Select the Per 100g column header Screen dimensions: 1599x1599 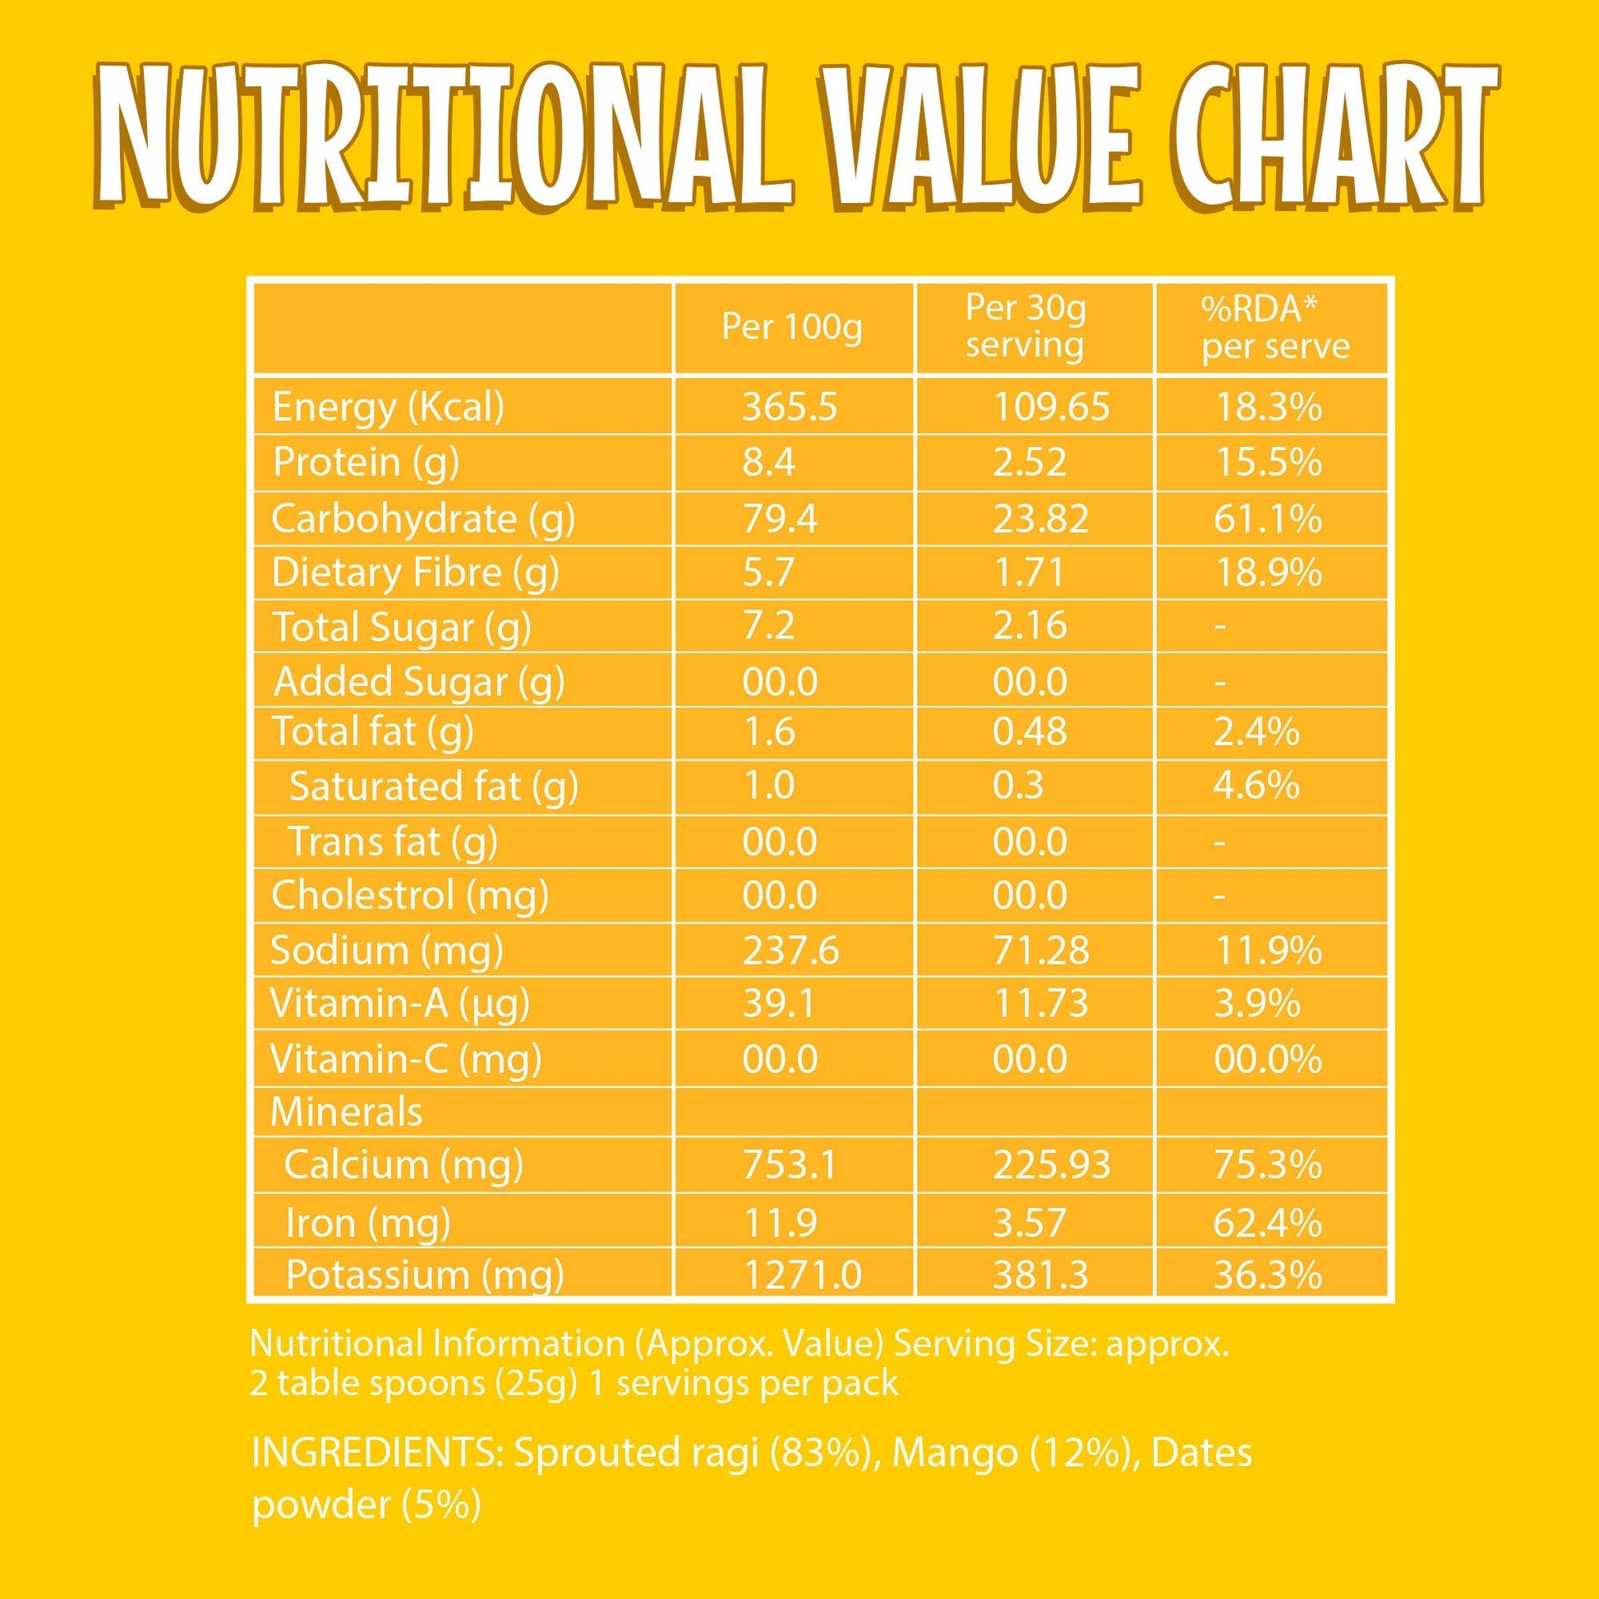coord(791,328)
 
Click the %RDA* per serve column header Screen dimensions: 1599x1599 coord(1275,327)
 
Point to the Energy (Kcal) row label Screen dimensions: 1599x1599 coord(387,408)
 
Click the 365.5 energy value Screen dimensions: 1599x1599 coord(790,408)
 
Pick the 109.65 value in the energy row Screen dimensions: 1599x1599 coord(1051,408)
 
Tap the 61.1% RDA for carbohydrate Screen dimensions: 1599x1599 coord(1267,519)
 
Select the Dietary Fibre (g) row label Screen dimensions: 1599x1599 coord(415,573)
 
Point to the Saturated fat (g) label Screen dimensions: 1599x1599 coord(434,786)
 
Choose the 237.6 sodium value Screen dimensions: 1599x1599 coord(790,950)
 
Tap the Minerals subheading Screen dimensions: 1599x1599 coord(346,1111)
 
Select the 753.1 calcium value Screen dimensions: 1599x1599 coord(790,1164)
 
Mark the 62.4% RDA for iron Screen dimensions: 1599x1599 coord(1267,1223)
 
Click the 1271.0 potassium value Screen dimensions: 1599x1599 coord(803,1274)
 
